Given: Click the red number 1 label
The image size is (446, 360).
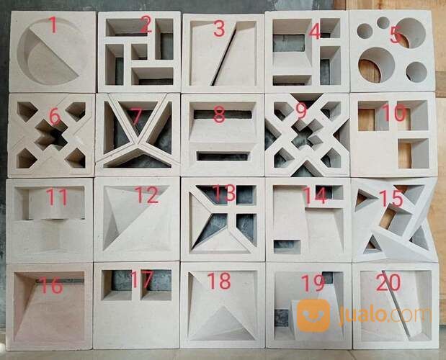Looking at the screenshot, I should [x=53, y=26].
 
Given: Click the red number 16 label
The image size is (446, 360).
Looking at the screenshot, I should [x=51, y=286].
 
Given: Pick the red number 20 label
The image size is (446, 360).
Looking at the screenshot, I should [x=388, y=283].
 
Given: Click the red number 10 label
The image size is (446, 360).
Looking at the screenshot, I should [x=393, y=113].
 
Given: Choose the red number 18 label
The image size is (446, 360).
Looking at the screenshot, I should [x=219, y=280].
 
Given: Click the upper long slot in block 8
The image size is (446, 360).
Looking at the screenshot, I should [x=223, y=114].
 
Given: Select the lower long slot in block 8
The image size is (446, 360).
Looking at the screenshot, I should [x=223, y=156].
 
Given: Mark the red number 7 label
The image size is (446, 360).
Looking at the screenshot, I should [x=135, y=114].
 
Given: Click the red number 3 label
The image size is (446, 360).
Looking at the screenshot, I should [x=219, y=30].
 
